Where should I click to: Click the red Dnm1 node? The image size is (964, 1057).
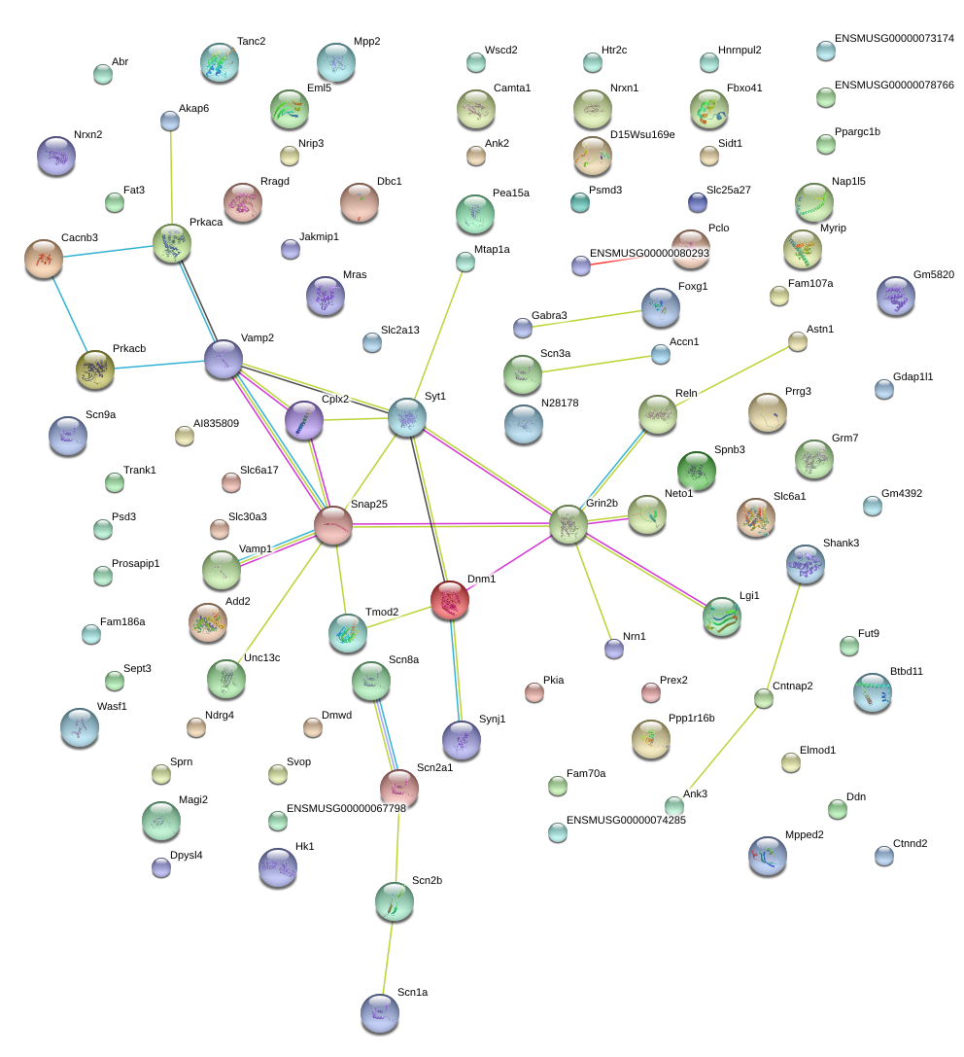pyautogui.click(x=449, y=599)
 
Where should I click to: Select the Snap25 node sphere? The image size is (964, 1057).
pyautogui.click(x=332, y=525)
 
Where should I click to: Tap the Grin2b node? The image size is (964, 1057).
pyautogui.click(x=568, y=524)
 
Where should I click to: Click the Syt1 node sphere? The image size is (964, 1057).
pyautogui.click(x=407, y=417)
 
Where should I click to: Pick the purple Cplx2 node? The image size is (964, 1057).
pyautogui.click(x=304, y=420)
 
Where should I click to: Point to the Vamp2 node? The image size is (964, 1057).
pyautogui.click(x=223, y=359)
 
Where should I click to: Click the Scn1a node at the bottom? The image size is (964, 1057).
pyautogui.click(x=380, y=1013)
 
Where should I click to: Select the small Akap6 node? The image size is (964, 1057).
pyautogui.click(x=170, y=121)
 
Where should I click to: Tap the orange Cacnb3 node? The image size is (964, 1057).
pyautogui.click(x=43, y=259)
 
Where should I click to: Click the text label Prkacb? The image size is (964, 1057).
pyautogui.click(x=129, y=348)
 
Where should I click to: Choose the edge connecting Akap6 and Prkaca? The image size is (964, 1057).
pyautogui.click(x=171, y=177)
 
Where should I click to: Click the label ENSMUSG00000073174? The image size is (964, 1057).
pyautogui.click(x=894, y=39)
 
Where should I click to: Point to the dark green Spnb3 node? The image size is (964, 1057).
pyautogui.click(x=696, y=470)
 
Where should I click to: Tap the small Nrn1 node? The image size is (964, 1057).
pyautogui.click(x=614, y=649)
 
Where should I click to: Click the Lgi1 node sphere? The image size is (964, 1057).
pyautogui.click(x=721, y=617)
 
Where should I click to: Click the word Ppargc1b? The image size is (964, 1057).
pyautogui.click(x=857, y=132)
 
